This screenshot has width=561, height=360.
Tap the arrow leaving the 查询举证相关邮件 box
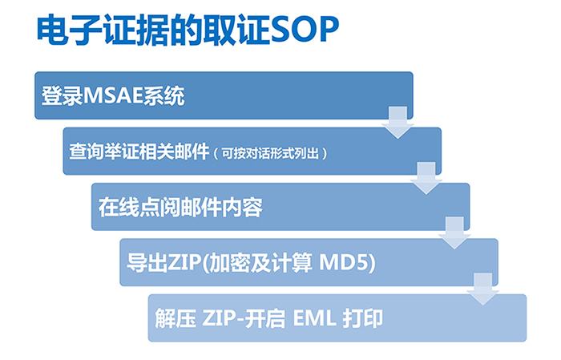(x=426, y=175)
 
